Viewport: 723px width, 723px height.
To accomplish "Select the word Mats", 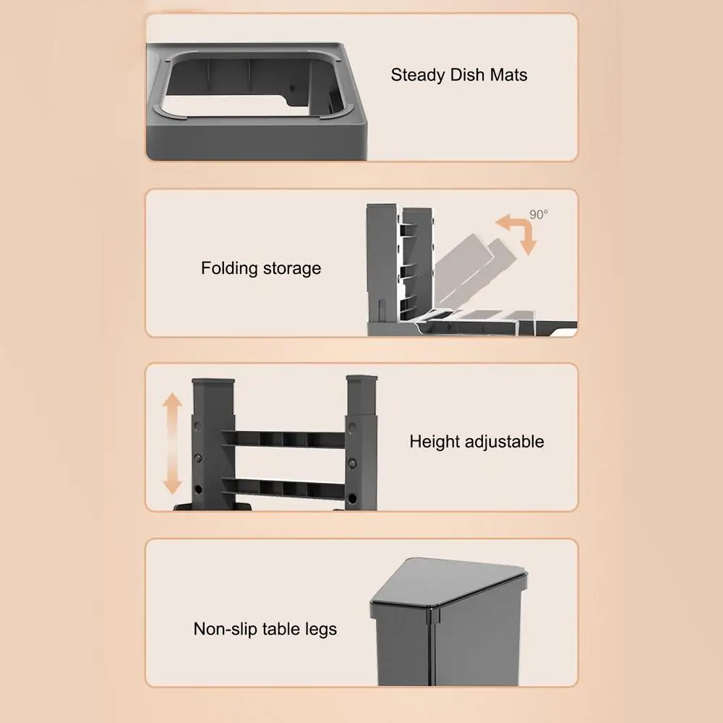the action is [x=508, y=74].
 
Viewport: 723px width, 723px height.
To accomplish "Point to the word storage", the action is [x=288, y=268].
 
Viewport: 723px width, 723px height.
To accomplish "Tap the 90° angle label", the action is [x=539, y=215].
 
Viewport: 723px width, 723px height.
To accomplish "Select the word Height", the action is [x=435, y=442].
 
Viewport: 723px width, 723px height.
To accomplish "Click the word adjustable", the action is [x=505, y=442].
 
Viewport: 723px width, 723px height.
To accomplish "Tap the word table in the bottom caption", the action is [x=286, y=628].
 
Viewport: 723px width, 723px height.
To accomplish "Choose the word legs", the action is [x=321, y=630].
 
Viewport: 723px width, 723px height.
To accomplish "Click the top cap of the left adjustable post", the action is [x=213, y=382].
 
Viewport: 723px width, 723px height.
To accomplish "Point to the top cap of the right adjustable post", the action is [x=361, y=379].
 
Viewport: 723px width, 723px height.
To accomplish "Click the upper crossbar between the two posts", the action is [x=283, y=439].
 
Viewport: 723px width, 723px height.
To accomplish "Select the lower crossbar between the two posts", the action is [x=283, y=488].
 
